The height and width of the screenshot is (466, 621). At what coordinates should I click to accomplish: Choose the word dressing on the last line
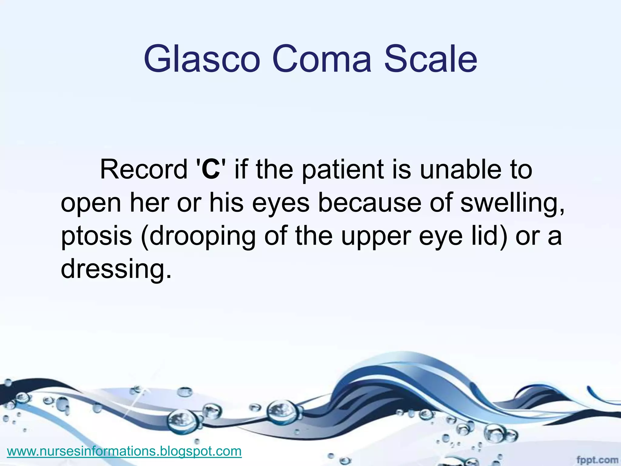tap(113, 269)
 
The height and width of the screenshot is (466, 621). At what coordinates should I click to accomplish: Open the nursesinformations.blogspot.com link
tap(124, 451)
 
